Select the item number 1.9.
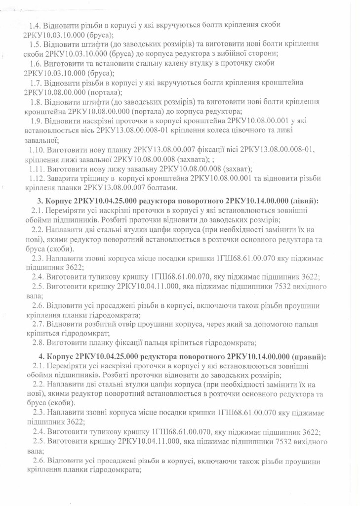pos(37,121)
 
